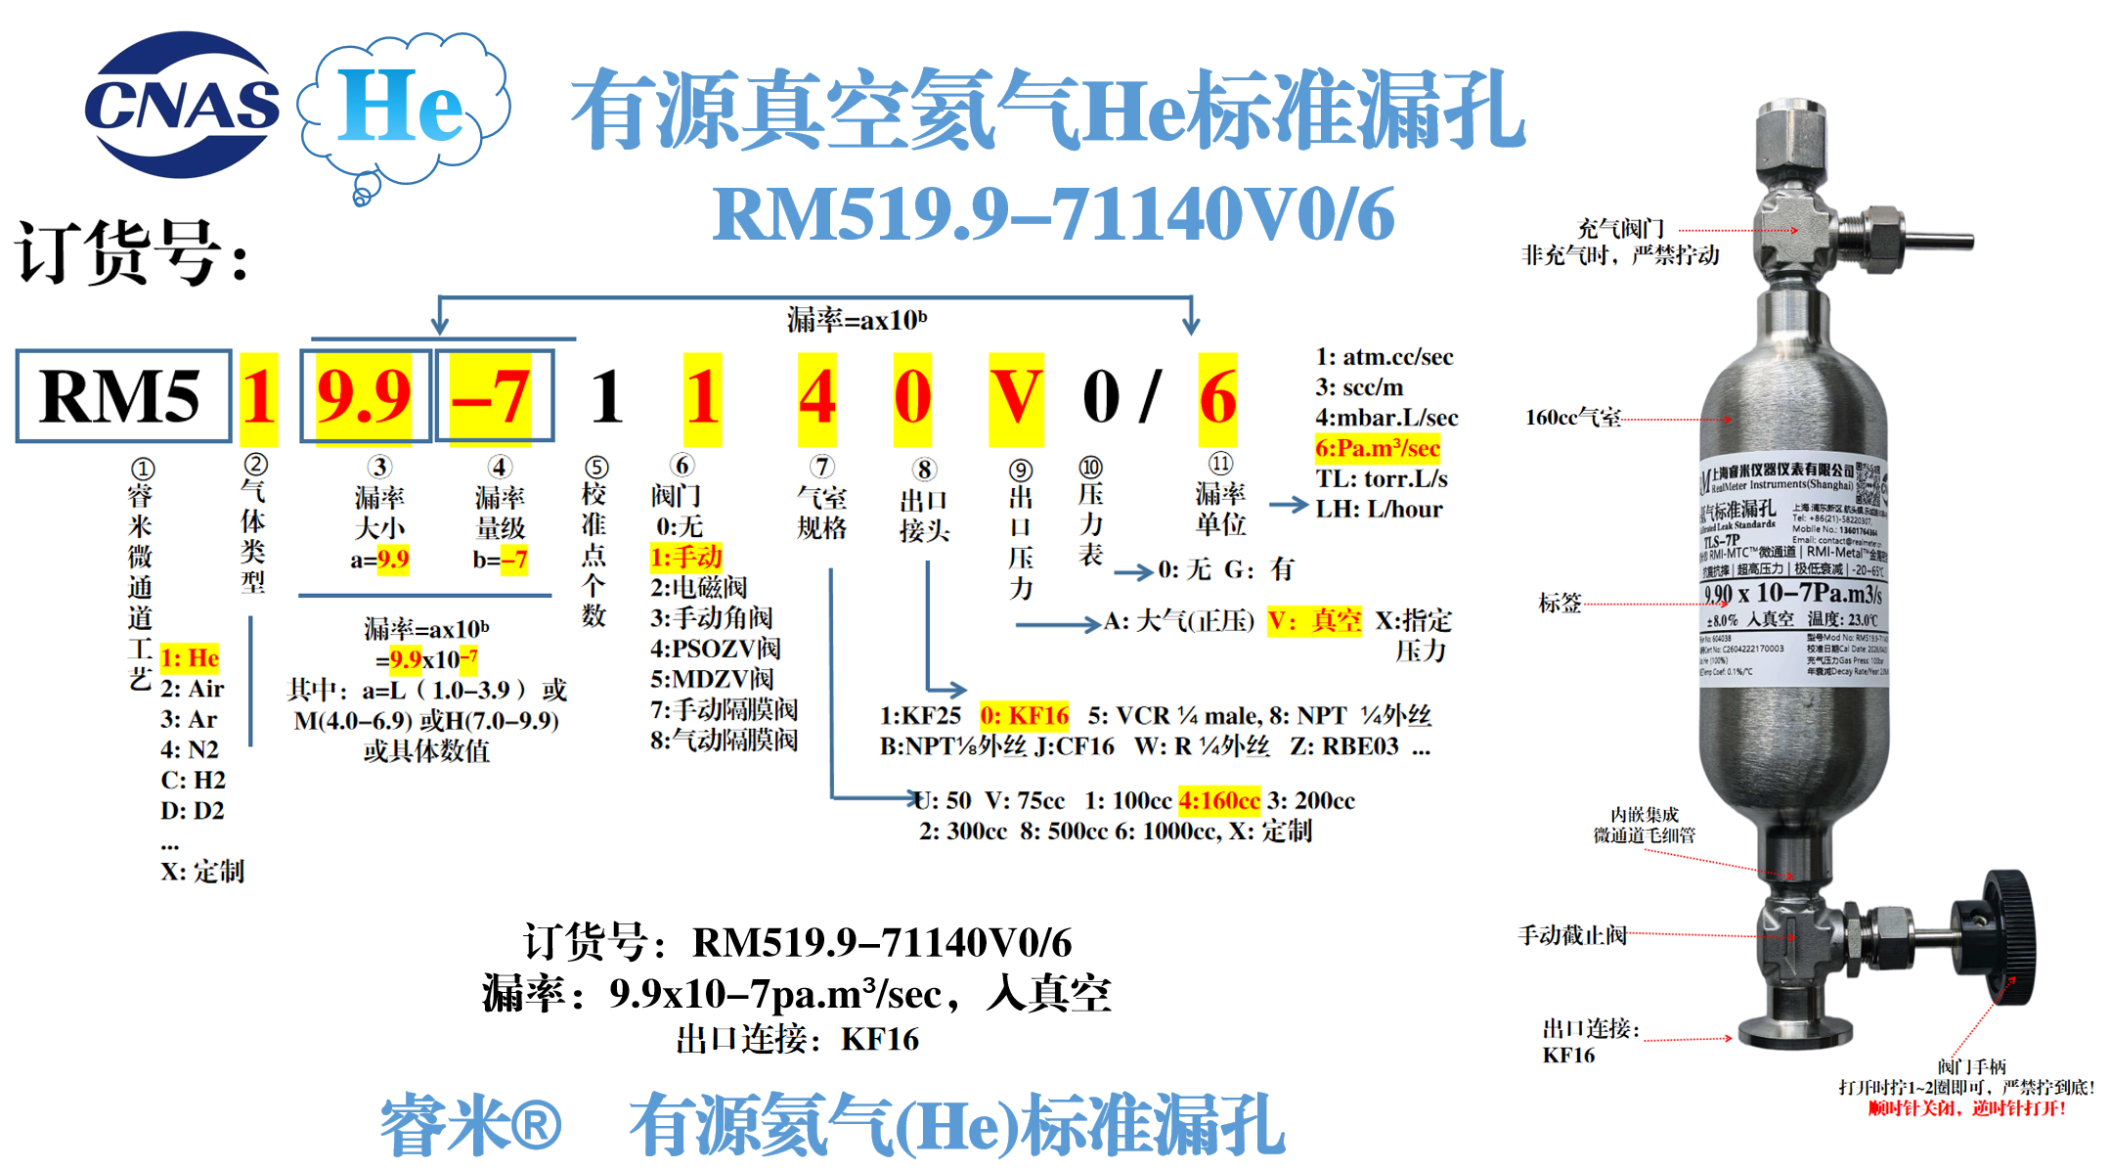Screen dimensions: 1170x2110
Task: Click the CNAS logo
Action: coord(182,105)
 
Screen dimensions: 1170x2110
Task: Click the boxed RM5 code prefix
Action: coord(123,396)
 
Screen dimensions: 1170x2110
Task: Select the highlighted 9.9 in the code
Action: coord(364,396)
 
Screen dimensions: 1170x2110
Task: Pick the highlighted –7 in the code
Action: coord(492,396)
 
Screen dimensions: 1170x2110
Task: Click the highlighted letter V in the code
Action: coord(1016,397)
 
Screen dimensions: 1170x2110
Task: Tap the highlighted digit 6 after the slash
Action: coord(1217,397)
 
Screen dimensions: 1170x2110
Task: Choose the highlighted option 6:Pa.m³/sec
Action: coord(1377,448)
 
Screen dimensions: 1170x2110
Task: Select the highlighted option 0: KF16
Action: coord(1024,716)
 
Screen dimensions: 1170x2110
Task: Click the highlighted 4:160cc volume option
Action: coord(1218,800)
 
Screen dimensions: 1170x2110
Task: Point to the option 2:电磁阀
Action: coord(698,587)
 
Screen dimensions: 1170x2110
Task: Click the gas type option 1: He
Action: coord(190,657)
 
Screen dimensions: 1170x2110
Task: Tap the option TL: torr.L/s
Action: coord(1381,478)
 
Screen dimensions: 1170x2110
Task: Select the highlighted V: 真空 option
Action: coord(1314,620)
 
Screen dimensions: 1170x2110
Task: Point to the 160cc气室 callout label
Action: coord(1572,418)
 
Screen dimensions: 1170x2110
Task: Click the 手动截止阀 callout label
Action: coord(1571,935)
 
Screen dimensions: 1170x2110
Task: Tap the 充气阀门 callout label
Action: coord(1620,229)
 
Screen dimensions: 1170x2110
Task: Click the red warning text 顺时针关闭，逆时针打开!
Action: coord(1966,1108)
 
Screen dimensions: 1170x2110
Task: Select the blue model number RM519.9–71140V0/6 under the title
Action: coord(1053,214)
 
